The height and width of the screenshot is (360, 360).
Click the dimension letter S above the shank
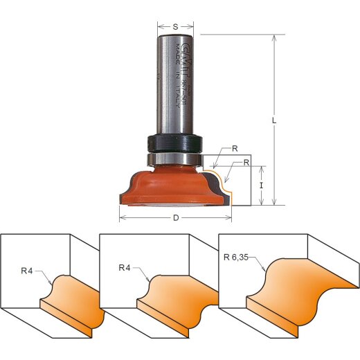coord(175,26)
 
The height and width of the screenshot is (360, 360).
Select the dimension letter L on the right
coord(275,120)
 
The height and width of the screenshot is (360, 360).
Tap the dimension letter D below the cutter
coord(176,217)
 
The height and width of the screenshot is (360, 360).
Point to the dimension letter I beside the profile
coord(261,186)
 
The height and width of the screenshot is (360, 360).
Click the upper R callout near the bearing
coord(235,148)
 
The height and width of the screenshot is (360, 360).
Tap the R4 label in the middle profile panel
coord(125,266)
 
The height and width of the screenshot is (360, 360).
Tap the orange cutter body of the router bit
coord(173,181)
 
